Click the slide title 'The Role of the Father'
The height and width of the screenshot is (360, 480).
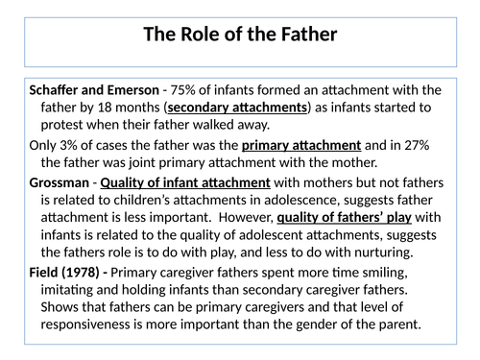239,36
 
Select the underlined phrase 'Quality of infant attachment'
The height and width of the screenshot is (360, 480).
177,182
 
